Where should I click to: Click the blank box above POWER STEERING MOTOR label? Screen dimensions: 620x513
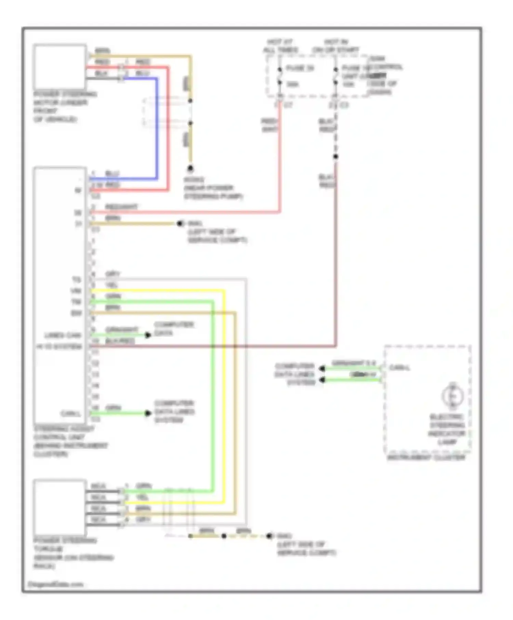60,67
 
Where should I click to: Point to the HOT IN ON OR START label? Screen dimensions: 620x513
336,46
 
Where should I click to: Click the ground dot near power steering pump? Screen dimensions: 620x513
190,168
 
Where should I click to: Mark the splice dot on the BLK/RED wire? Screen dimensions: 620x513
336,157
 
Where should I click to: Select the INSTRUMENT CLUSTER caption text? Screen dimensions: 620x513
426,457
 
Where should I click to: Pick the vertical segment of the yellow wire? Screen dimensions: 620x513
224,393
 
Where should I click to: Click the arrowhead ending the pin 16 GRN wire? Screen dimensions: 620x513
148,413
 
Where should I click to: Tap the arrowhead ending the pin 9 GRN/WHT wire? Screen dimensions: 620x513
148,335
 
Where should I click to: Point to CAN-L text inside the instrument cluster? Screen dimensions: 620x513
399,368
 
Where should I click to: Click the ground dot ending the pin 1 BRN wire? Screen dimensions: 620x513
179,224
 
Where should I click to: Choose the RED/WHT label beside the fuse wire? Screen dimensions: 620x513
269,125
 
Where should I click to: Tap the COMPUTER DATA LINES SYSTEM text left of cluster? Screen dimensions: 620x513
294,374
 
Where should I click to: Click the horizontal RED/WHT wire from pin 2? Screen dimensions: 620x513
185,212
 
